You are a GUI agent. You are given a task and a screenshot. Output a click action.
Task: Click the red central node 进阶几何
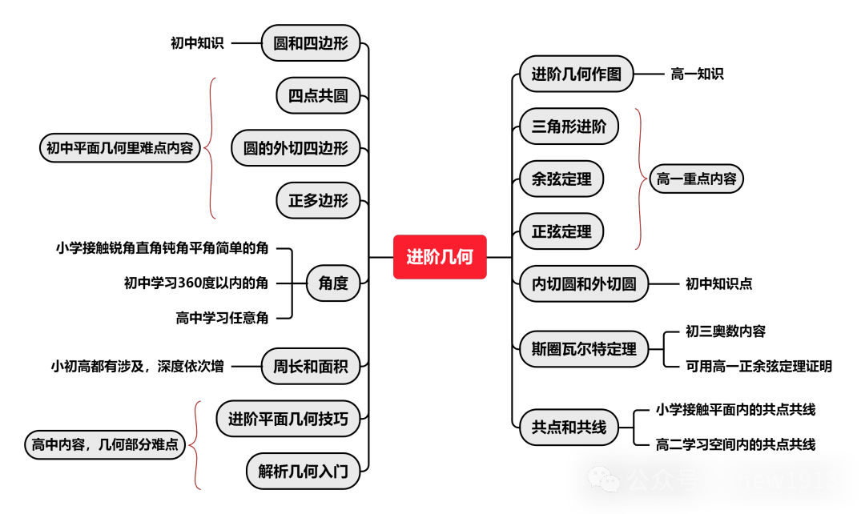(440, 257)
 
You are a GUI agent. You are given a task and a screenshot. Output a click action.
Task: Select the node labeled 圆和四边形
(311, 43)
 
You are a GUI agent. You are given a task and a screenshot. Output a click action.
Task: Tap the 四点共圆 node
(318, 95)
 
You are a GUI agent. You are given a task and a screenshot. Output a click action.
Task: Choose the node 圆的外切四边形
(296, 148)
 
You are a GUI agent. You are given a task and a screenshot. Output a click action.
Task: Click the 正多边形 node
(318, 200)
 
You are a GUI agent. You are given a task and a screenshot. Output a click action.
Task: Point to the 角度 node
(333, 283)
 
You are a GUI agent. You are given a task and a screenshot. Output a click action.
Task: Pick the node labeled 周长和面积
(311, 367)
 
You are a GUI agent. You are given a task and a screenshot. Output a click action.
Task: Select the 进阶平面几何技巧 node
(288, 419)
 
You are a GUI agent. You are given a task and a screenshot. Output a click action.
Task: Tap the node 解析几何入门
(303, 471)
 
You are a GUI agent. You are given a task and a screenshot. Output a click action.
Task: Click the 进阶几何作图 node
(577, 74)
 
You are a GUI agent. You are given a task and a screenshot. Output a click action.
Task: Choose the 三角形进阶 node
(569, 126)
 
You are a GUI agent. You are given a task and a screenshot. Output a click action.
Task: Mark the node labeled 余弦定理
(561, 179)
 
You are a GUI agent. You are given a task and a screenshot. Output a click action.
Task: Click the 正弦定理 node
(561, 231)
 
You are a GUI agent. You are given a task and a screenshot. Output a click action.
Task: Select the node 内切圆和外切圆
(584, 283)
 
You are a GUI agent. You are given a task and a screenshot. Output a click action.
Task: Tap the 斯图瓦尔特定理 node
(584, 349)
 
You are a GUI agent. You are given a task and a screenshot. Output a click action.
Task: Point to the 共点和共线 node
(569, 428)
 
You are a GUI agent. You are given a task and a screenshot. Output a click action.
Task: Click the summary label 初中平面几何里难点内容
(119, 148)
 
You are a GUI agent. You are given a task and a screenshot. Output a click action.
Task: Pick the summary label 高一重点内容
(696, 179)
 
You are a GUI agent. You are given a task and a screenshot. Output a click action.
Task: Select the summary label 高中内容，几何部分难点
(105, 444)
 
